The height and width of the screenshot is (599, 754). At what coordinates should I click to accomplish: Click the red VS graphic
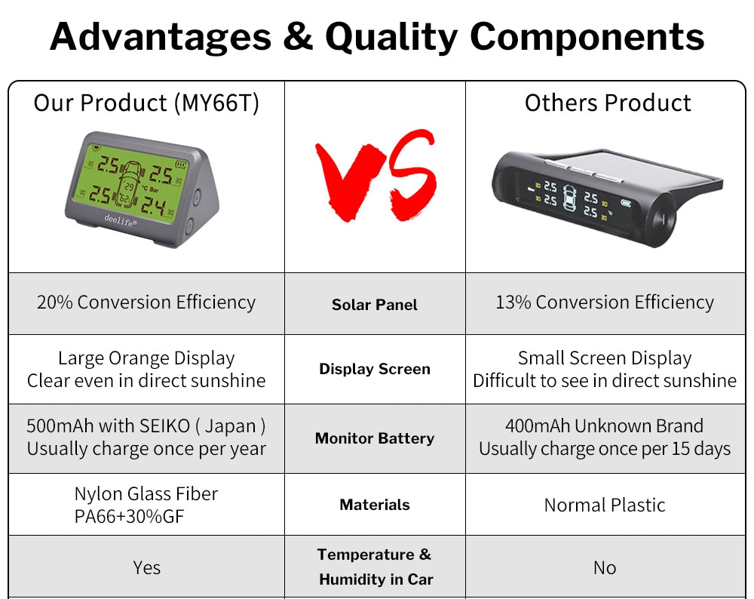(375, 176)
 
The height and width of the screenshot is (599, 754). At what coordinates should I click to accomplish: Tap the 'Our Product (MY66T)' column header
(146, 103)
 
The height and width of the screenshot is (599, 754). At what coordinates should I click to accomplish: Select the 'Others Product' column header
(608, 103)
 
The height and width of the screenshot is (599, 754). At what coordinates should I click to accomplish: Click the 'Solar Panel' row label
(375, 305)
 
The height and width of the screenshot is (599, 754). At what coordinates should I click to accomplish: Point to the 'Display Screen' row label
(375, 369)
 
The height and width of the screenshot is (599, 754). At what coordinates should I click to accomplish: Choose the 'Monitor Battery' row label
(375, 438)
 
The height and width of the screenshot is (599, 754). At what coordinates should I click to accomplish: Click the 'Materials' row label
(375, 505)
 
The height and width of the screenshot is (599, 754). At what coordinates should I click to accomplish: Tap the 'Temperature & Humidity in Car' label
(375, 567)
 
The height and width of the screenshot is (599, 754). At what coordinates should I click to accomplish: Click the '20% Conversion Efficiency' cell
(146, 303)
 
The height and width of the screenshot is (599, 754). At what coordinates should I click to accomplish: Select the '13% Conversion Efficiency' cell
(605, 303)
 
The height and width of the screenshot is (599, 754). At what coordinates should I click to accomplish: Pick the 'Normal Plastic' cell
(605, 505)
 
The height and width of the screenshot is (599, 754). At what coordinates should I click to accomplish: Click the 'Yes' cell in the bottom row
(147, 568)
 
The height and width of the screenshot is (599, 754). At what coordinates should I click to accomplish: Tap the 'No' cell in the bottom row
(605, 568)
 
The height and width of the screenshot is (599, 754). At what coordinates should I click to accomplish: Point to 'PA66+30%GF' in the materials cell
(130, 516)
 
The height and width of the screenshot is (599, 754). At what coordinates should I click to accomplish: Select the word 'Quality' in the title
(391, 36)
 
